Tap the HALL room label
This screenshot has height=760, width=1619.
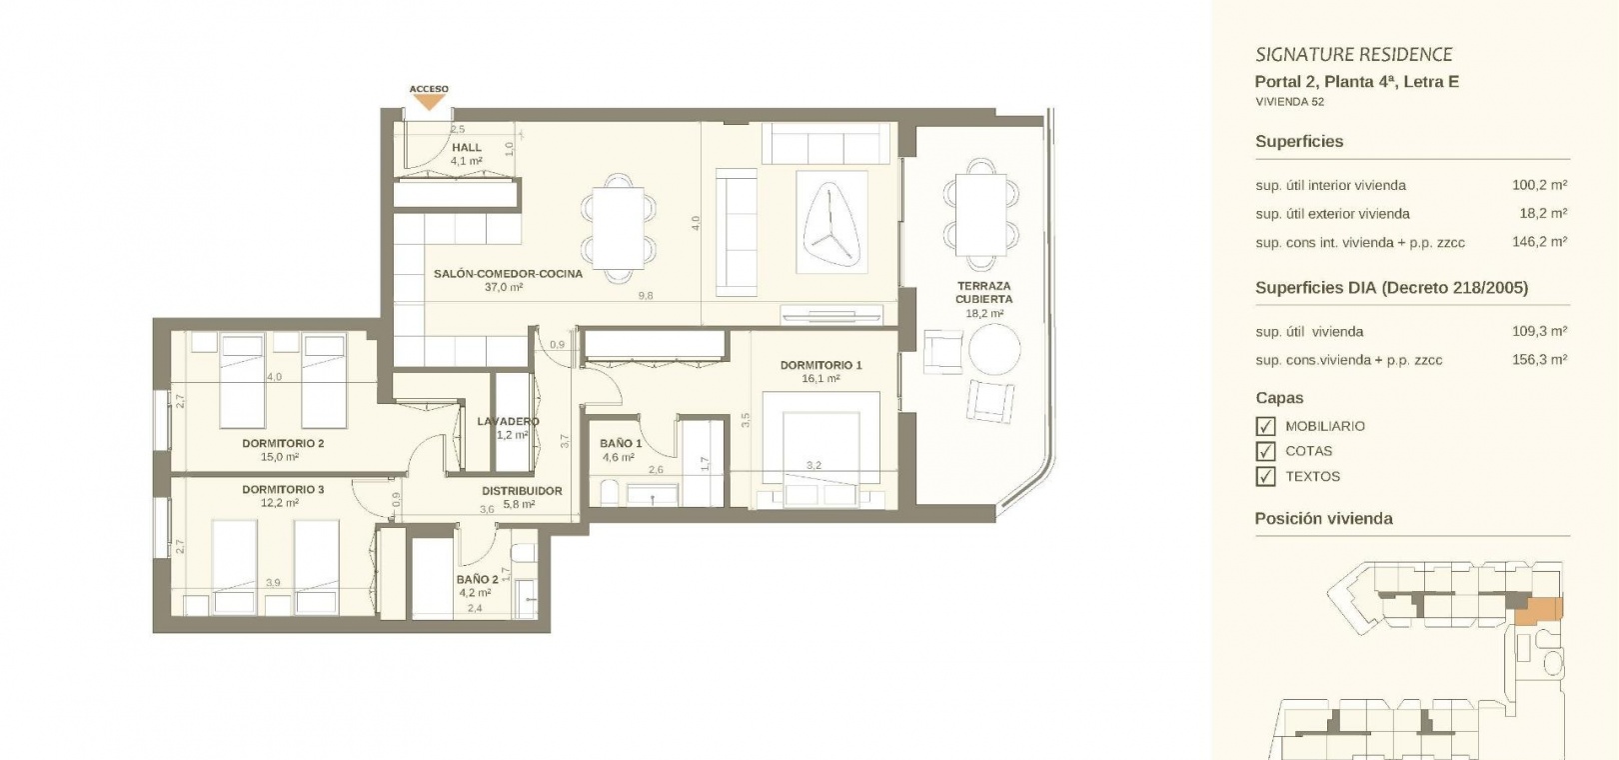(466, 148)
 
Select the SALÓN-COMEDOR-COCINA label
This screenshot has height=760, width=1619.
(508, 274)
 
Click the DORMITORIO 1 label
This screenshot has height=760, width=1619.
(821, 365)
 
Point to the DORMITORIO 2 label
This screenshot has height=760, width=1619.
(283, 443)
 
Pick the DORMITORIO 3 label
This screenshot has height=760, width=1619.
(283, 490)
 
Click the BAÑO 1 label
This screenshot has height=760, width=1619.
(621, 443)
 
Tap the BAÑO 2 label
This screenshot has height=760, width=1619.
(477, 579)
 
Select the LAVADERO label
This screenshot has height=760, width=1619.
(508, 422)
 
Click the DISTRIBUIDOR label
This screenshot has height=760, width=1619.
(522, 491)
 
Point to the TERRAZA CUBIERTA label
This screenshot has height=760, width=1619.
(983, 292)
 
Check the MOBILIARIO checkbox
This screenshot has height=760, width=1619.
(1265, 426)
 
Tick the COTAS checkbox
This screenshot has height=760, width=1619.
(1265, 451)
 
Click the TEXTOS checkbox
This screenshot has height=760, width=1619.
(1265, 477)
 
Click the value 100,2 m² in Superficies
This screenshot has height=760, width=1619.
(1539, 185)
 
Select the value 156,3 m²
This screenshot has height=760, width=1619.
(1539, 359)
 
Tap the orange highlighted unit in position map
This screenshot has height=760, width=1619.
(1539, 611)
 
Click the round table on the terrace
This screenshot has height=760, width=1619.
(994, 349)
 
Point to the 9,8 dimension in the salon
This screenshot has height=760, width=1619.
(646, 295)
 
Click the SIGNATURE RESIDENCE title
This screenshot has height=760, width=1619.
(1354, 54)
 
